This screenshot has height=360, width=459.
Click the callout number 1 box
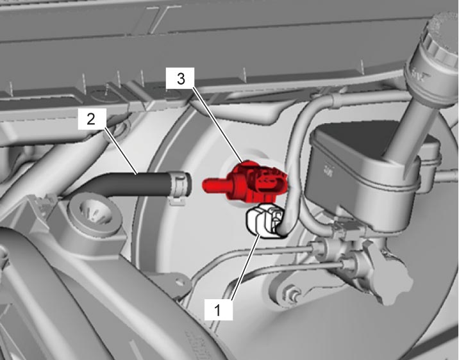pos(219,310)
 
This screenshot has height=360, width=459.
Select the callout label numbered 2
pos(92,119)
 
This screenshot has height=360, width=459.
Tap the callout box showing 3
pos(179,78)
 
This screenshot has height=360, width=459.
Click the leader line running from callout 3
pos(217,124)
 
